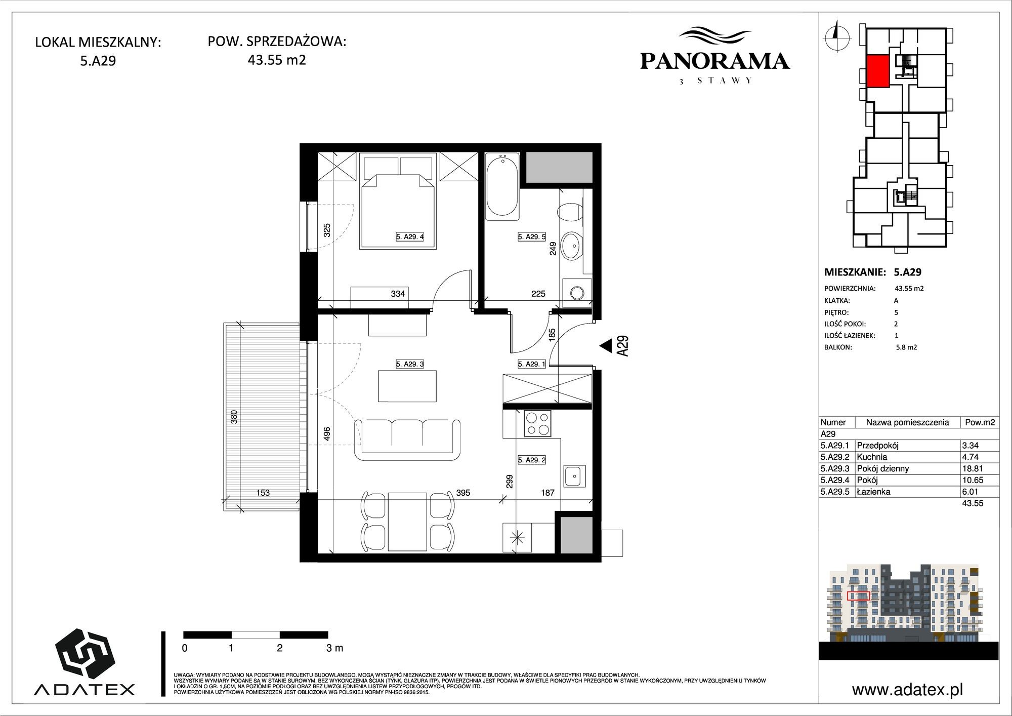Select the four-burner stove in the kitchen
[537, 424]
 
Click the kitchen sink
[574, 476]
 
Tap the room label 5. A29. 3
[410, 364]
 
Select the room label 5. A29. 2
[532, 460]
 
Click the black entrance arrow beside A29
[606, 346]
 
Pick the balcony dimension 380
[234, 417]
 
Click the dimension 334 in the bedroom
[398, 294]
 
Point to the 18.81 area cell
[971, 468]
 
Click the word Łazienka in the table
[873, 492]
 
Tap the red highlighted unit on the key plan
[878, 71]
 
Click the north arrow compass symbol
[836, 36]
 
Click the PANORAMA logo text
[715, 61]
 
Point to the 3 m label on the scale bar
[335, 648]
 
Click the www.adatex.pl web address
[907, 690]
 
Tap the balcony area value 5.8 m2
[906, 347]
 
